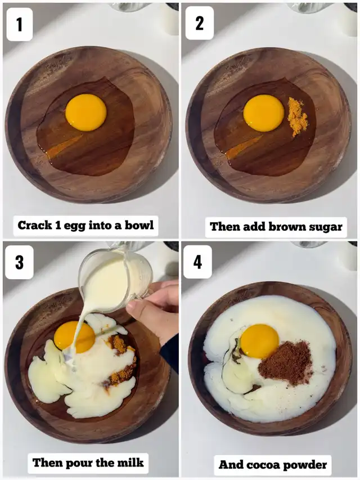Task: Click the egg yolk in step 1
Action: click(86, 113)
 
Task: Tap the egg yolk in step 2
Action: click(264, 113)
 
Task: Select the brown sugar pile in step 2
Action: click(298, 116)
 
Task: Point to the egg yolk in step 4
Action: click(260, 341)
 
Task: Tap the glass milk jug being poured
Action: click(116, 279)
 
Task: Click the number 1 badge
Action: click(20, 25)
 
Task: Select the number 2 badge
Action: click(200, 23)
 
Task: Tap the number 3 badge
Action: click(19, 262)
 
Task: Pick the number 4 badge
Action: click(198, 262)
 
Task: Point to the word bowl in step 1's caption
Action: click(139, 225)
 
